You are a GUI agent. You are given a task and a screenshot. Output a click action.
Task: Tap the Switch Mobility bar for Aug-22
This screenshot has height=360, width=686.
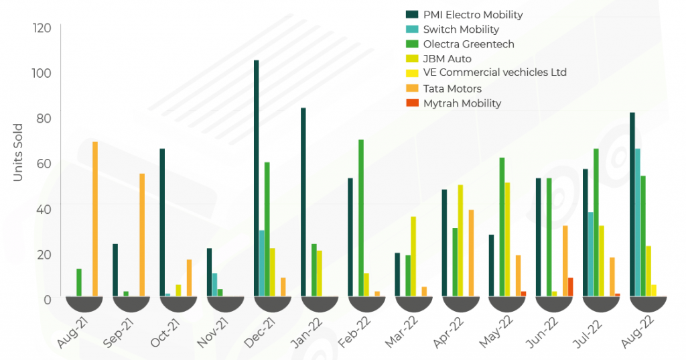pos(638,222)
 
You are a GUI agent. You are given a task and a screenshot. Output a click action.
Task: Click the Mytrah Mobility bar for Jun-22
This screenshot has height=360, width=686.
pos(570,287)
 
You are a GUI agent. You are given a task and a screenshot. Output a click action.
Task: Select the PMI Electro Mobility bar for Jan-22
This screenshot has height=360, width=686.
pos(303,201)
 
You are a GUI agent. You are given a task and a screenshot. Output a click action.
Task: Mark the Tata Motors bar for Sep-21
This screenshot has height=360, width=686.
pos(142,235)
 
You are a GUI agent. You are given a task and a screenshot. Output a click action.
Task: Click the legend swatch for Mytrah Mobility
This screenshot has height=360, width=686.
pos(413,103)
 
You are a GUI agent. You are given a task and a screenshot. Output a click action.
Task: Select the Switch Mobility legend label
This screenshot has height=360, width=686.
pos(461,29)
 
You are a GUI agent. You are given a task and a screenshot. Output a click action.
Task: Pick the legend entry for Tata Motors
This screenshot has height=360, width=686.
pos(452,88)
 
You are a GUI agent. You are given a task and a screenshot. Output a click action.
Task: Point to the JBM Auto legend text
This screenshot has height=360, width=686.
pos(448,59)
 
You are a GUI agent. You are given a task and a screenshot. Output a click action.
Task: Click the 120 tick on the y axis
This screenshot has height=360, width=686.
pos(42,28)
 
